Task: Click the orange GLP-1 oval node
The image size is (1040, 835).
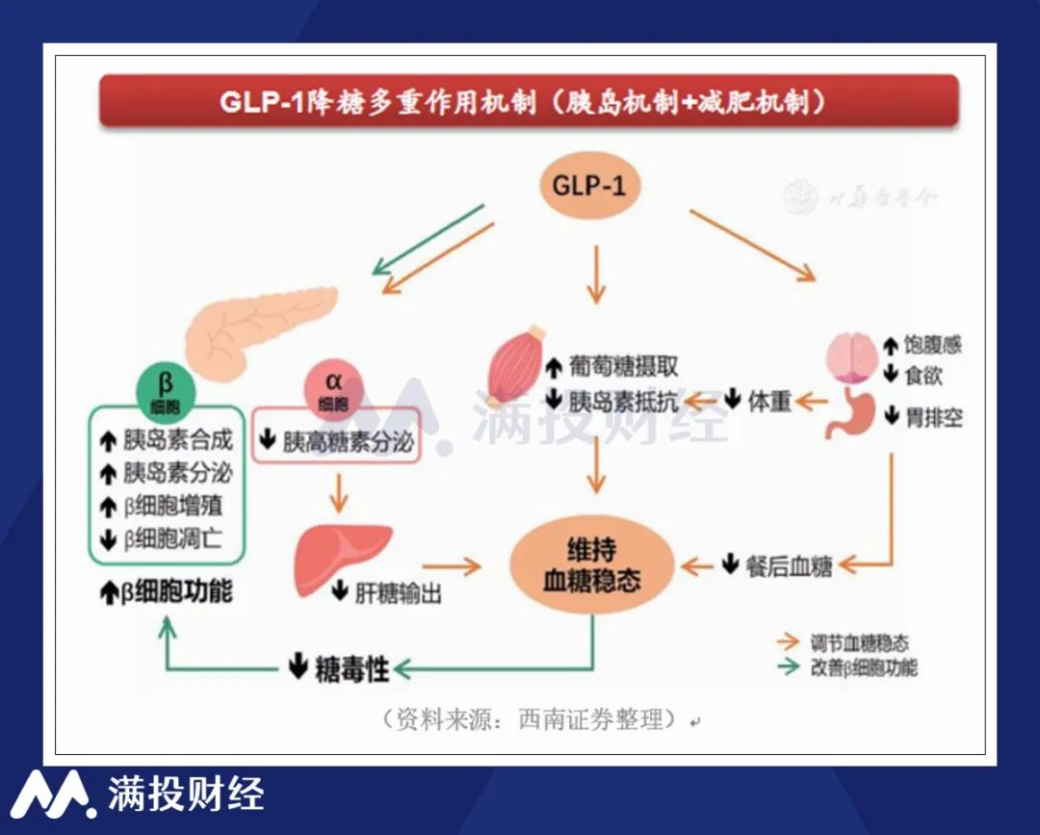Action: pyautogui.click(x=589, y=185)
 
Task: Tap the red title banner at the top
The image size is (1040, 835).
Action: pyautogui.click(x=529, y=102)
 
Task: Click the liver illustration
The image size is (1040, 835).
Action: pyautogui.click(x=342, y=557)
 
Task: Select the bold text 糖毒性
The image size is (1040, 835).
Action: pyautogui.click(x=351, y=668)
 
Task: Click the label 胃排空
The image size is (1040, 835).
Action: pyautogui.click(x=933, y=418)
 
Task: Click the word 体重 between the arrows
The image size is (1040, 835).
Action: pyautogui.click(x=770, y=401)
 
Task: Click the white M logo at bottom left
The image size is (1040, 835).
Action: pyautogui.click(x=53, y=796)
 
